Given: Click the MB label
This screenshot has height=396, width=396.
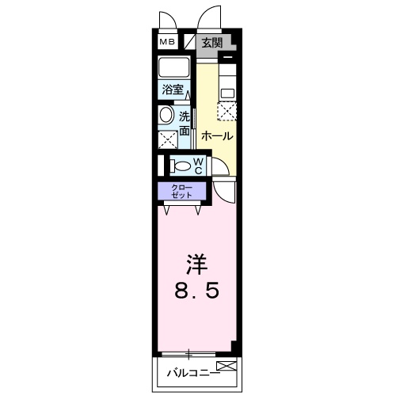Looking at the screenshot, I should pos(168,42).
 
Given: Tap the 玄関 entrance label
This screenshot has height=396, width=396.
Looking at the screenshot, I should pos(211,43).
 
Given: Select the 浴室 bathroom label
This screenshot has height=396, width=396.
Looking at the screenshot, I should pos(173,89).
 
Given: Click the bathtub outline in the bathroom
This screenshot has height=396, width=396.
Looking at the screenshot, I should pos(173,67).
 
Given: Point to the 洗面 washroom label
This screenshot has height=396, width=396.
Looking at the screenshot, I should pos(184,123).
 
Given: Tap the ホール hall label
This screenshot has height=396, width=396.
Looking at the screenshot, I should pos(217,136).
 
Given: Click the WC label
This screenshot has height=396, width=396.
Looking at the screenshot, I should pos(198,166).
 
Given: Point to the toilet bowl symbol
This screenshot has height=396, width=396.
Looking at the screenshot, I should pos(181,167).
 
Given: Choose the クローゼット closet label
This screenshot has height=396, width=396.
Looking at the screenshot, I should pos(181,191).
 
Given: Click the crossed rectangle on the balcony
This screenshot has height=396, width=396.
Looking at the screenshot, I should pos(225,367).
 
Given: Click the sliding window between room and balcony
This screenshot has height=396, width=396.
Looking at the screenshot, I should pos(190,352).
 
